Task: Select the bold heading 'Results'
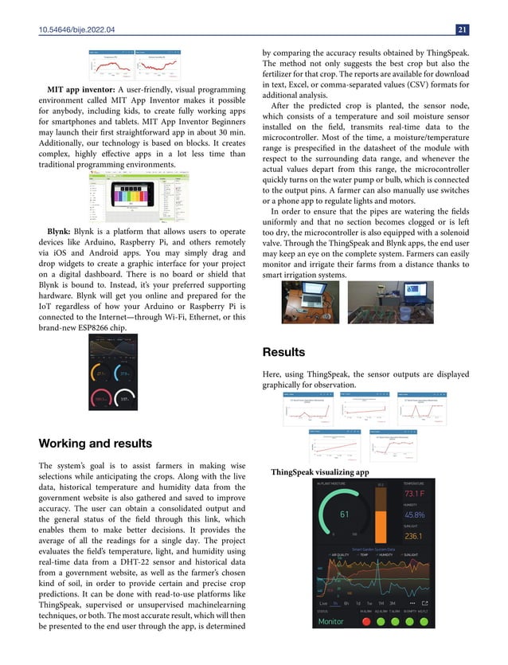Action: (x=284, y=351)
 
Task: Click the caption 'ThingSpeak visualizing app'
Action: (x=320, y=472)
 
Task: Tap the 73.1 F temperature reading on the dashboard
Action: (x=419, y=495)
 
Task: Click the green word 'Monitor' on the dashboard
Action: (x=331, y=621)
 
